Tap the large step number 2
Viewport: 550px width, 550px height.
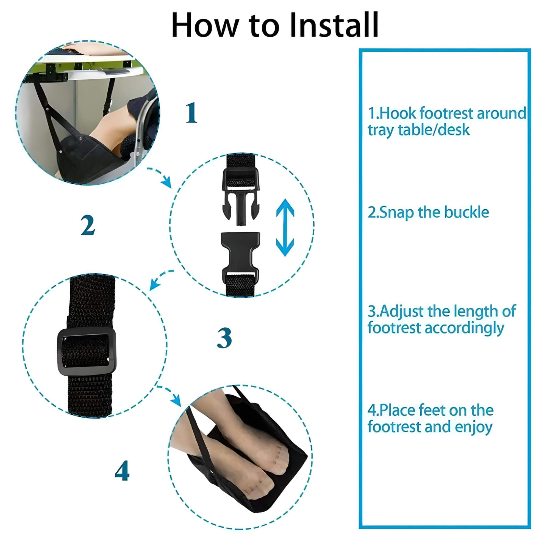(x=87, y=225)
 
